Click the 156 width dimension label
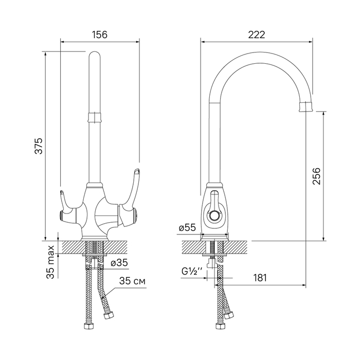click(x=100, y=35)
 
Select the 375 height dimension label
click(x=39, y=146)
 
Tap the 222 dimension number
click(x=257, y=35)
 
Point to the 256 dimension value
click(x=316, y=176)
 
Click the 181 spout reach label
click(x=260, y=278)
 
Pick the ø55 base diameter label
click(x=187, y=228)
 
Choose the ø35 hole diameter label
click(x=119, y=263)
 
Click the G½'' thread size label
click(x=192, y=272)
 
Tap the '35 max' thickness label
click(x=50, y=262)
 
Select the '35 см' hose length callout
click(x=132, y=281)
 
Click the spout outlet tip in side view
click(x=306, y=107)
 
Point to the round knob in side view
click(x=214, y=216)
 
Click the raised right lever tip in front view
click(x=137, y=171)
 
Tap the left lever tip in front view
click(x=62, y=192)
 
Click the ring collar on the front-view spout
click(x=94, y=117)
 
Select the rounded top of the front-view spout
click(x=94, y=56)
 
